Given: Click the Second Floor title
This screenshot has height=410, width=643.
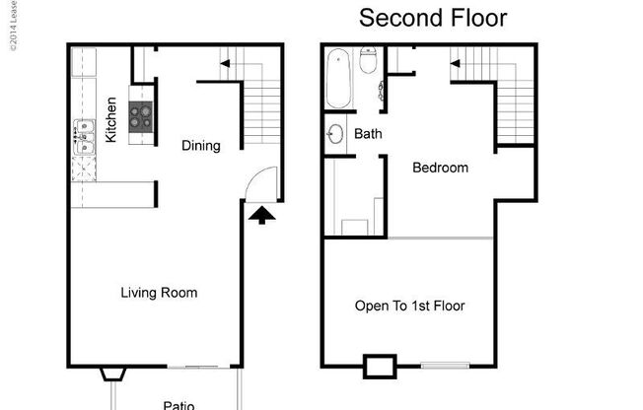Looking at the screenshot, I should click(x=433, y=18).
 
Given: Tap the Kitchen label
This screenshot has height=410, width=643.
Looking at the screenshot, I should click(x=111, y=119).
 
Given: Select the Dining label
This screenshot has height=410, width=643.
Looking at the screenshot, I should click(x=201, y=146).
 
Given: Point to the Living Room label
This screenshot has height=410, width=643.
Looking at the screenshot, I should click(x=159, y=293).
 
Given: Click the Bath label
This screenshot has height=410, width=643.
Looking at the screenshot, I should click(x=368, y=134).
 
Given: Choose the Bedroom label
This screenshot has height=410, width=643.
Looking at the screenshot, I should click(x=440, y=168).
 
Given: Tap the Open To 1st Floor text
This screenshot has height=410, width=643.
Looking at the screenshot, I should click(x=409, y=306).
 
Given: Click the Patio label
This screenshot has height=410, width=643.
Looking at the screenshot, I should click(x=179, y=404).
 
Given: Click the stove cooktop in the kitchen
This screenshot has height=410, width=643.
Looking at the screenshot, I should click(x=142, y=119).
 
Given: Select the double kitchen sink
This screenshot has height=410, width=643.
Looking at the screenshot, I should click(x=83, y=138).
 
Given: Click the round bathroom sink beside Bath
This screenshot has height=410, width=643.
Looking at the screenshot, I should click(x=334, y=134).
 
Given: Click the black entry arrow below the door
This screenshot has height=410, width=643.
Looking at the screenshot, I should click(x=260, y=215).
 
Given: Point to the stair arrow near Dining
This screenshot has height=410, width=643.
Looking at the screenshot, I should click(x=225, y=65).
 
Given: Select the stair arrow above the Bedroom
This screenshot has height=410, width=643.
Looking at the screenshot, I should click(x=457, y=65).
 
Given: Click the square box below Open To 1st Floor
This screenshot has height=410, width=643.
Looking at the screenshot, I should click(x=379, y=367).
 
